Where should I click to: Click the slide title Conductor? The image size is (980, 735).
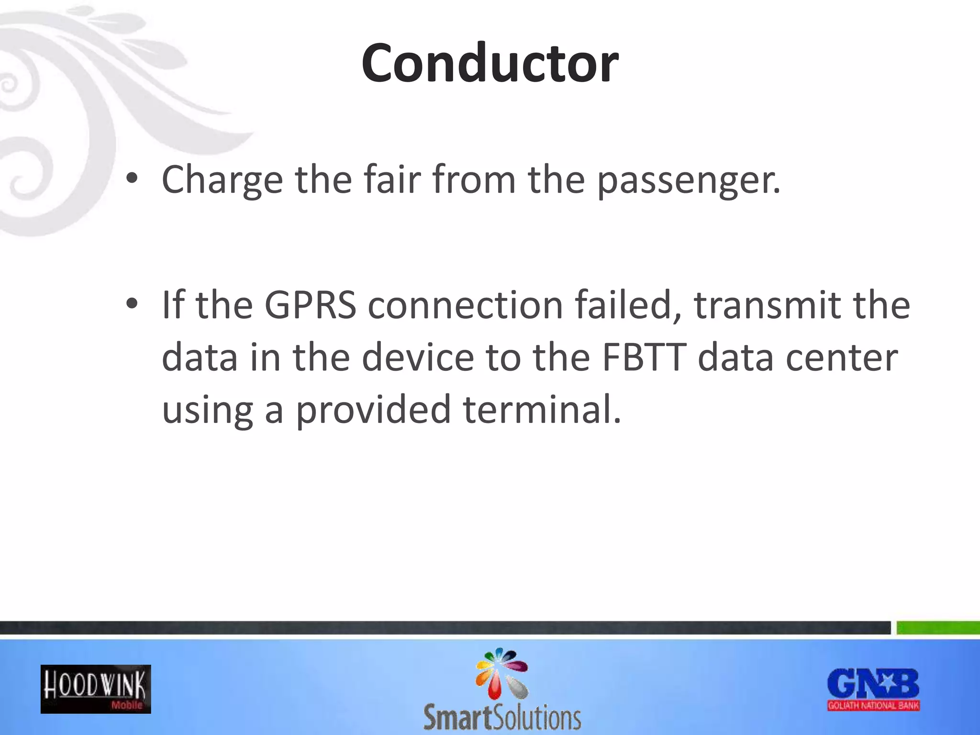tap(490, 63)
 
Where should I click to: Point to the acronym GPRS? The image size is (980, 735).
tap(310, 305)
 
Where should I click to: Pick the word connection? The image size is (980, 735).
tap(465, 305)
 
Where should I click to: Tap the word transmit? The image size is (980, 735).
tap(768, 305)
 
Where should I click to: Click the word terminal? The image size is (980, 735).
tap(542, 410)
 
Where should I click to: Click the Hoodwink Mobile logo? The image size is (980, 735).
tap(96, 689)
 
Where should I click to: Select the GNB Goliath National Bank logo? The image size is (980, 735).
tap(873, 689)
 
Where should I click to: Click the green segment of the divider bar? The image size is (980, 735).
tap(938, 628)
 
